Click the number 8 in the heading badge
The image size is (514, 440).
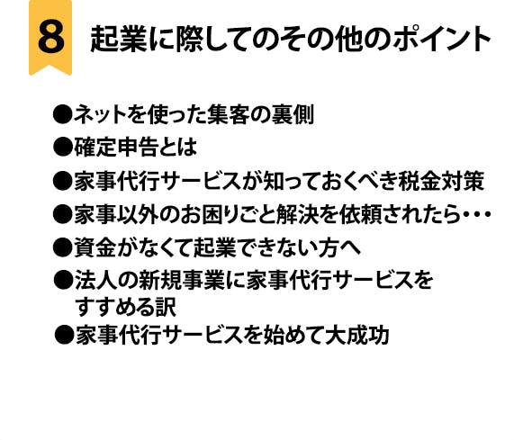coord(50,37)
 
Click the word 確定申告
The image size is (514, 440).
coord(116,147)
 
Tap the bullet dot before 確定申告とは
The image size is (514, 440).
coord(62,147)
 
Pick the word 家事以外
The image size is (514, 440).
coord(116,214)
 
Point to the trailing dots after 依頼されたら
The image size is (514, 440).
coord(476,215)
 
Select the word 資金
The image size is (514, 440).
coord(95,247)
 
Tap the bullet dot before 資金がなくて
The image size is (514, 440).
coord(62,247)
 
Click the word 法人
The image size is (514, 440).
coord(96,280)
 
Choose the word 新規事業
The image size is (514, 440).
coord(182,280)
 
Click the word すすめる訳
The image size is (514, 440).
coord(126,307)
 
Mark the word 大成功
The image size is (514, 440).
coord(357,335)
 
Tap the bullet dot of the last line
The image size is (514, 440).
coord(64,335)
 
